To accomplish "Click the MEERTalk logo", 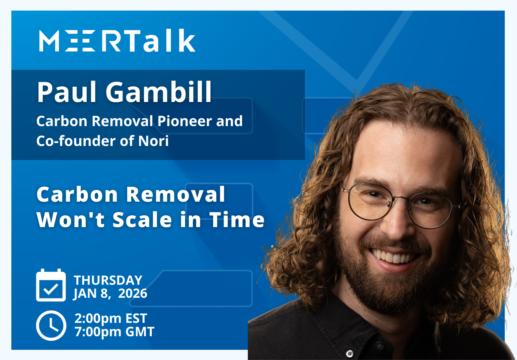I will [117, 41].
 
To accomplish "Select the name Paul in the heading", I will [67, 92].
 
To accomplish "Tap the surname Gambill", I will [159, 92].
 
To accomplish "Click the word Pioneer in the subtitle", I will [185, 121].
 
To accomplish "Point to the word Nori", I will [153, 141].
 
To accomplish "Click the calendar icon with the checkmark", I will [51, 286].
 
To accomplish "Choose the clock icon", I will [51, 325].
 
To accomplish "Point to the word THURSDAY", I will [108, 280].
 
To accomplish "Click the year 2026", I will [133, 294].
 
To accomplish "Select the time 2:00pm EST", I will [111, 318].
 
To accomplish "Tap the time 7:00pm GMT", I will [114, 332].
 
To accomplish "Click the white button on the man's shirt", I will [350, 353].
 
